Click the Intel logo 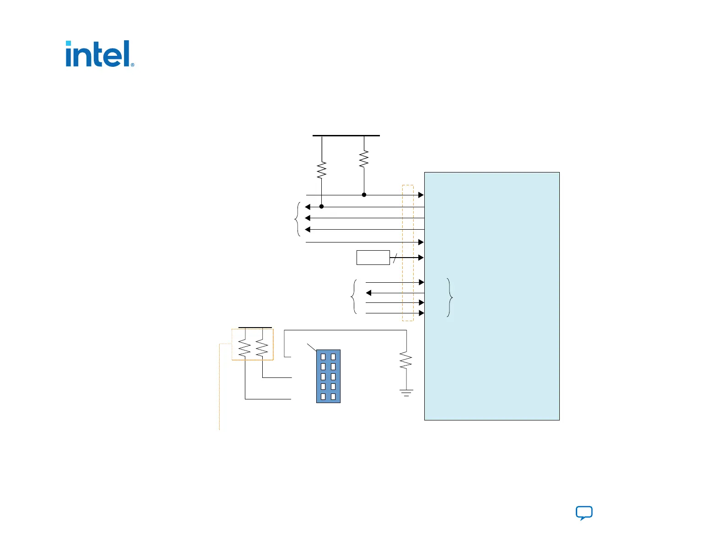click(100, 54)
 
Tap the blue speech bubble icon click(584, 513)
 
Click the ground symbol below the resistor click(406, 393)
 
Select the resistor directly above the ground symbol click(406, 361)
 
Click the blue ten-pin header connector click(328, 376)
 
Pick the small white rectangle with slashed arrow click(373, 258)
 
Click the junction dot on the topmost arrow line click(364, 195)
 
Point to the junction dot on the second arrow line click(321, 207)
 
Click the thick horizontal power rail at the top click(346, 135)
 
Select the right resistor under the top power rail click(364, 159)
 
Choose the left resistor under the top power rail click(322, 170)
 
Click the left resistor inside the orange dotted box click(245, 348)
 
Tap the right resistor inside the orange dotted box click(262, 348)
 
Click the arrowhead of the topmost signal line click(421, 195)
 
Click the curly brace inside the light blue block click(450, 297)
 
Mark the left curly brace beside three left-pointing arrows click(298, 219)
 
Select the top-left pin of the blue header click(323, 356)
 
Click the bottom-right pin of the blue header click(333, 397)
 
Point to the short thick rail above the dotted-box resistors click(255, 328)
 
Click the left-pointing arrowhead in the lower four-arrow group click(368, 293)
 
